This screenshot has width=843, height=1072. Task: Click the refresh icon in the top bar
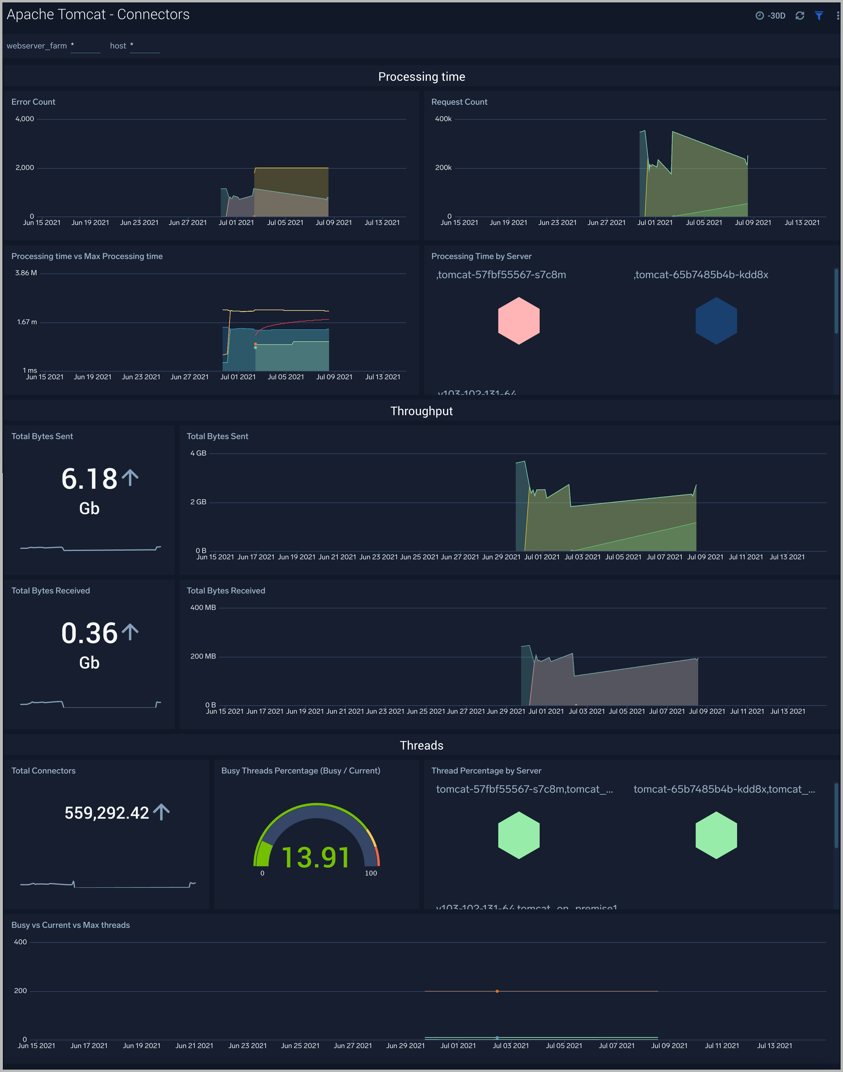800,16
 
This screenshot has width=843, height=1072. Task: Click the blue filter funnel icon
819,16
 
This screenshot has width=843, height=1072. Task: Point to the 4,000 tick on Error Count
25,119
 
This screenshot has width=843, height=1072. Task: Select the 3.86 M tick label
26,273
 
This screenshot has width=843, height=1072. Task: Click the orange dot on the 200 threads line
497,991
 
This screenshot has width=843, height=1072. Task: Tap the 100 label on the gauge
371,873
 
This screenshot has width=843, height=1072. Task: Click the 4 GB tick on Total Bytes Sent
198,453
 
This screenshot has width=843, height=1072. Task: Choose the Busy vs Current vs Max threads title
71,925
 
